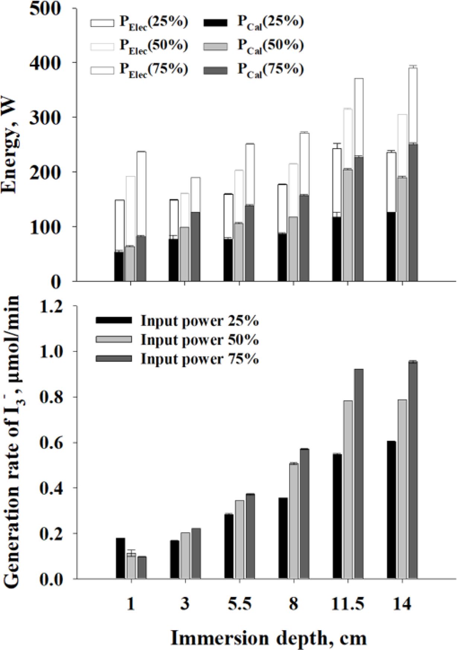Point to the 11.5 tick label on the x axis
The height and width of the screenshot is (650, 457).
[348, 604]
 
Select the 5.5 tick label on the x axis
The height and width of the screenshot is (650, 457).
[239, 604]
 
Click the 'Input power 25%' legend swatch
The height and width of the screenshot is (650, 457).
[113, 320]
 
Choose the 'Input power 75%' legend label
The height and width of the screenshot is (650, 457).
[199, 359]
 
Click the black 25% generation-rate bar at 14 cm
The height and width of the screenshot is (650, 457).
[391, 510]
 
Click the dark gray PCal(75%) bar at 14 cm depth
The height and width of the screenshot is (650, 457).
[413, 212]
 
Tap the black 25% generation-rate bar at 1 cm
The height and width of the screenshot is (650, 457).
[120, 558]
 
